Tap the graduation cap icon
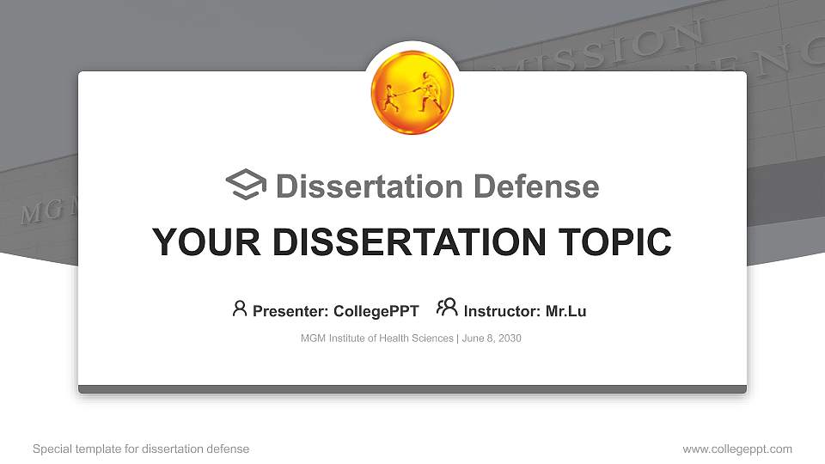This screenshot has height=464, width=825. coord(246,186)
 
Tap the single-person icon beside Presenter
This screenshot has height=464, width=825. coord(240,308)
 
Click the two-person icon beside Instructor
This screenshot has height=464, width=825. coord(447,308)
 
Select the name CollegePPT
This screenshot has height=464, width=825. coord(376,311)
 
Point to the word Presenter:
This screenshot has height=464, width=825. coord(290,311)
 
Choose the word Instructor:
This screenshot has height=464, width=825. coord(502,311)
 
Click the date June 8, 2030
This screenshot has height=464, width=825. coord(492,339)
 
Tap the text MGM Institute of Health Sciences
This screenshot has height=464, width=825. coord(376,339)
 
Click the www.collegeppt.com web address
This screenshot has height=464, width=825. coord(736,449)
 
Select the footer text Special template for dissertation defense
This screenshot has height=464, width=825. coord(141,449)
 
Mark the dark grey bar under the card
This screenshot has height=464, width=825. coord(412,389)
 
